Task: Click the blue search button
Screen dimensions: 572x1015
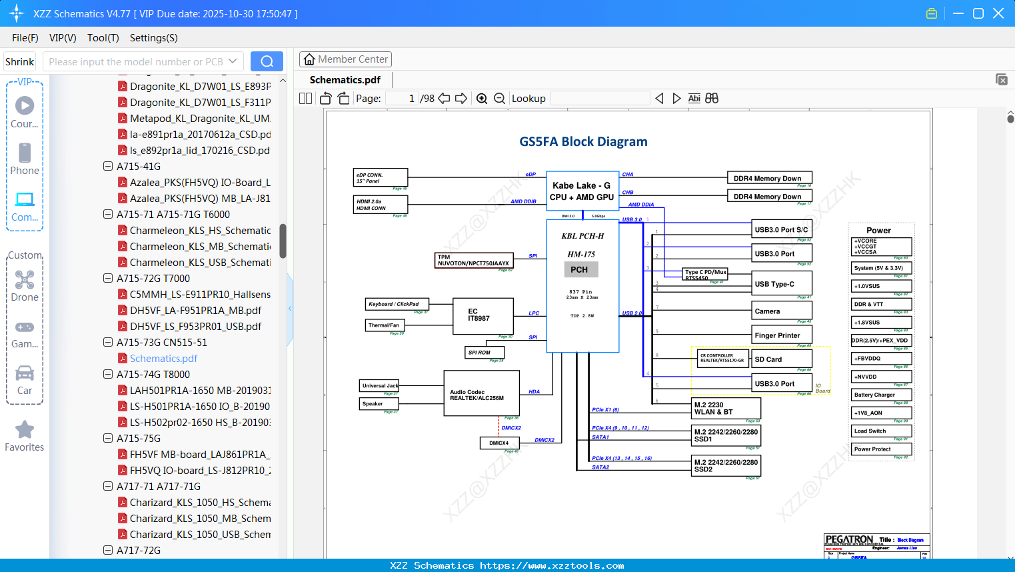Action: pos(267,61)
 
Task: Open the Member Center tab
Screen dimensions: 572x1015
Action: pos(345,59)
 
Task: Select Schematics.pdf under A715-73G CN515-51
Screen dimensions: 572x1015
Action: pos(163,359)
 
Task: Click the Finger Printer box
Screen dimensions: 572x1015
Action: pos(782,335)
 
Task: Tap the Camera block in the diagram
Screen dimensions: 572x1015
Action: pos(782,311)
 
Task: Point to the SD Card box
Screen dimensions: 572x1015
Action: pos(782,359)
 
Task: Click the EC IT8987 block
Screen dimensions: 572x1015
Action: pos(482,315)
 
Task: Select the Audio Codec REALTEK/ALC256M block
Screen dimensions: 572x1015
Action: pos(481,394)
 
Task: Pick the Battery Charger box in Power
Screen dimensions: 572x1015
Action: pos(882,395)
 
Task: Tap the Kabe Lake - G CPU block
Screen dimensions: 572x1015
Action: pos(582,191)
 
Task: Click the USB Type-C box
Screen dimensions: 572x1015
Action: pos(782,284)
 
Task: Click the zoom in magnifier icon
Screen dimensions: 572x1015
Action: pos(482,99)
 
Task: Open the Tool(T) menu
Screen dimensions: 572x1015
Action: pos(103,38)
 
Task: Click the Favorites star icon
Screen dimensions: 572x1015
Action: pos(25,430)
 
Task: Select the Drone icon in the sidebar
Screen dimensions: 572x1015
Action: pos(25,281)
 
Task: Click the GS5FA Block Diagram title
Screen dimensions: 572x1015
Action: pos(583,141)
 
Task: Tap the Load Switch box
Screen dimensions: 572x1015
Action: pos(882,431)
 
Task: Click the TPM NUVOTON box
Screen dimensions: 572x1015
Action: pos(474,260)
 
